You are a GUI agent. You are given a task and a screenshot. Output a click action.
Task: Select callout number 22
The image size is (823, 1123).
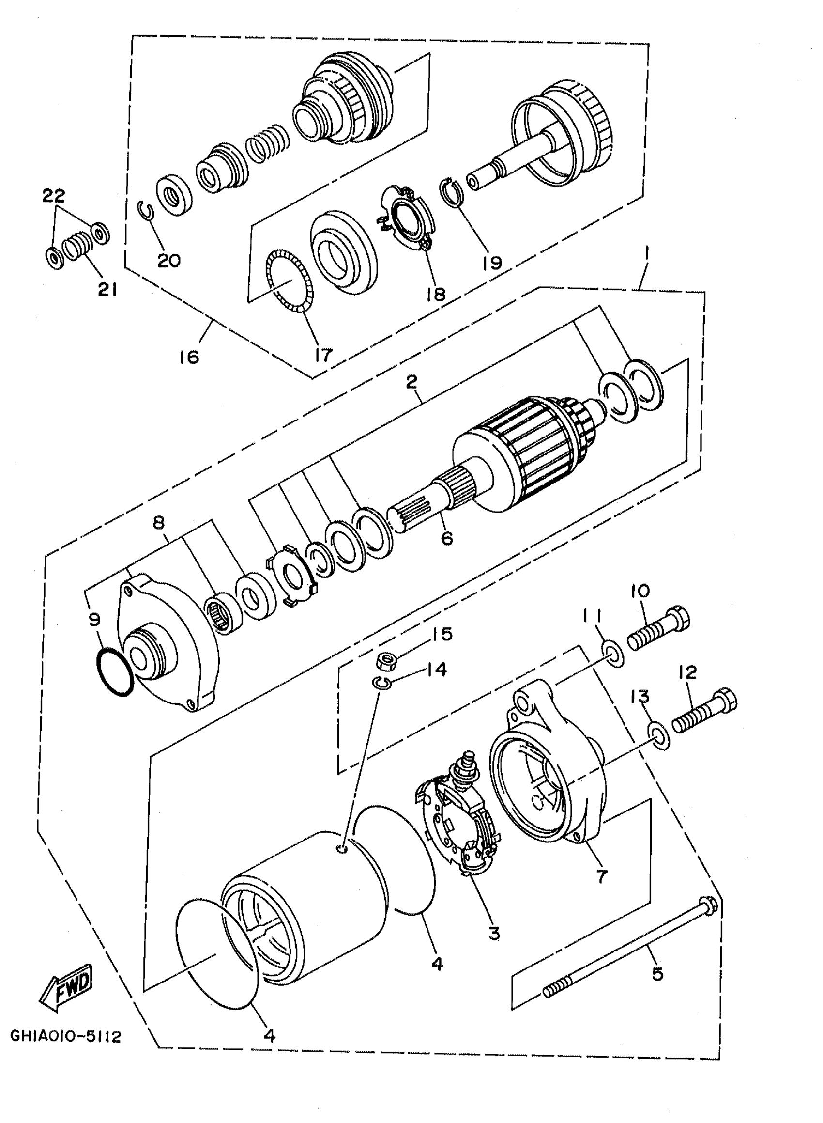(x=54, y=195)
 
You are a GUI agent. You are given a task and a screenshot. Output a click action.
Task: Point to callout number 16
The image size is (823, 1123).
(x=189, y=357)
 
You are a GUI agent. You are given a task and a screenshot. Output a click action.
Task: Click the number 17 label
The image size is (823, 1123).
(x=323, y=355)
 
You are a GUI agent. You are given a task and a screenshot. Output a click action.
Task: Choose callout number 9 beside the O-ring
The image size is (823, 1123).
(x=95, y=620)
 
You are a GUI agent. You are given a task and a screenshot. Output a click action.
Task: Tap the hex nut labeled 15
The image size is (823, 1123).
(x=385, y=661)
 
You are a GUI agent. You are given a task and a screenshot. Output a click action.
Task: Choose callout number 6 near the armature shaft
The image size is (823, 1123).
(x=447, y=538)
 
